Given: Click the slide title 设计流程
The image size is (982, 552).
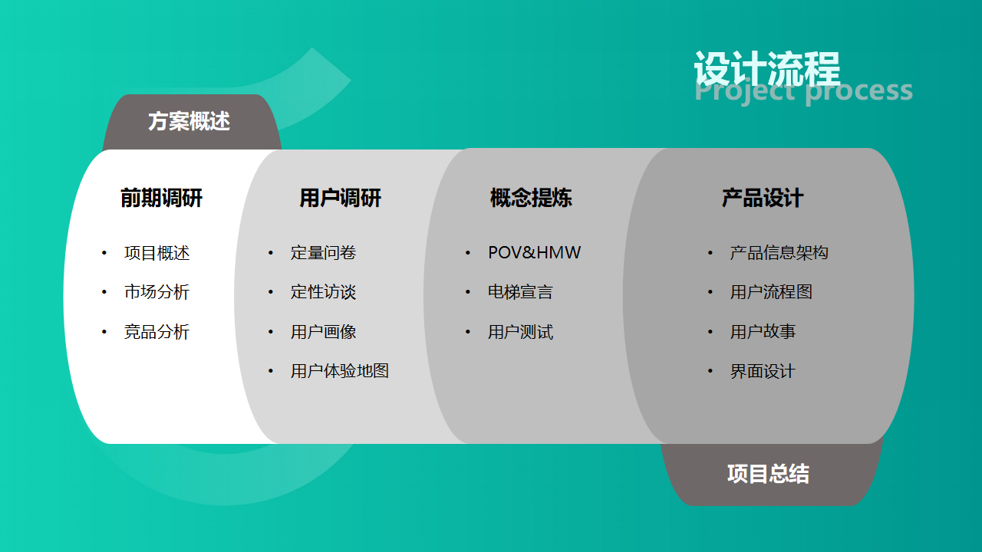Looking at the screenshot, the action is (x=767, y=68).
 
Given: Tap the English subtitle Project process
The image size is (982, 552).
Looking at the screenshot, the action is (x=803, y=92).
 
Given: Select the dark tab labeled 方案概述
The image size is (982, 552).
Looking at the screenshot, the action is (x=192, y=122).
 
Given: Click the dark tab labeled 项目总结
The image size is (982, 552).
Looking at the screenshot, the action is (x=771, y=475).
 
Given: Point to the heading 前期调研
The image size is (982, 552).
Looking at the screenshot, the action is (x=161, y=198).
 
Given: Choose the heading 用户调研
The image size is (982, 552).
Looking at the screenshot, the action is (x=340, y=198).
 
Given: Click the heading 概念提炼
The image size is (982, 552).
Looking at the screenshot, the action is (x=531, y=198).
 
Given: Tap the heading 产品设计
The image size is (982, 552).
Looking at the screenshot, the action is (x=763, y=198).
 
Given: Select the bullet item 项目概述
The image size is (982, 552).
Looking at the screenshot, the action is (x=157, y=253).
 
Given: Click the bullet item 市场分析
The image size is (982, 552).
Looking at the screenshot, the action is (x=157, y=292).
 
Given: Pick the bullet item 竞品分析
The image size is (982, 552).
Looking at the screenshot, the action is (x=157, y=332).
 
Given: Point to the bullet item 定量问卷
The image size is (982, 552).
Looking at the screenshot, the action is (x=323, y=253).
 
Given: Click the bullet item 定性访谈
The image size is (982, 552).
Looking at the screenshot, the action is (x=323, y=292).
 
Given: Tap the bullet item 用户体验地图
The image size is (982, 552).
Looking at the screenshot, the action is (x=340, y=371).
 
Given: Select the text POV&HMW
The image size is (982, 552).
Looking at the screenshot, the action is (x=535, y=253).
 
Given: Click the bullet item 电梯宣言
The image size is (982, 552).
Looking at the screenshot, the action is (x=521, y=292).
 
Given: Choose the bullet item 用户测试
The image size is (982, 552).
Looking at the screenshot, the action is (x=521, y=332).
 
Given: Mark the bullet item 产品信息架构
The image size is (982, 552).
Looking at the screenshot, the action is (x=779, y=253).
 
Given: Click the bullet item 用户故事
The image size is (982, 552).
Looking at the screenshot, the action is (x=763, y=332).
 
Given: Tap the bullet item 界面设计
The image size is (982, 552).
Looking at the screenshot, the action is (x=763, y=372).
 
